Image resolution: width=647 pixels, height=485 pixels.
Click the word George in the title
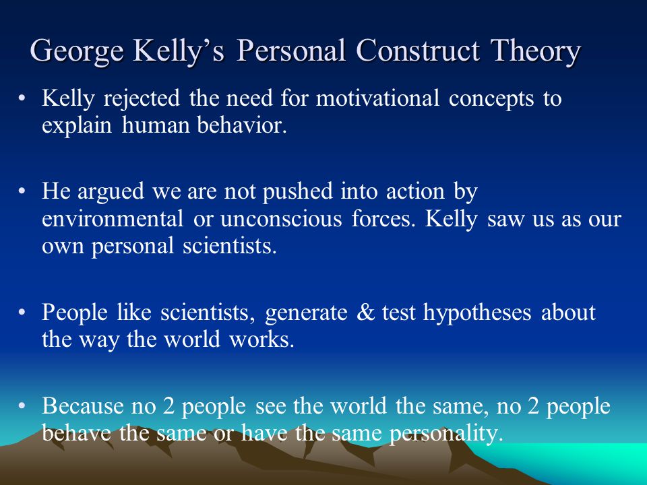(77, 51)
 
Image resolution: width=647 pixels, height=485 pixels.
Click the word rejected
(142, 99)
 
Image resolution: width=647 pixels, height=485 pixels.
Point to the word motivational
(377, 98)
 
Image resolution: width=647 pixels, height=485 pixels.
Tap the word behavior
(241, 125)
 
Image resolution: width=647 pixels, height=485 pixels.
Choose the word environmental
(113, 218)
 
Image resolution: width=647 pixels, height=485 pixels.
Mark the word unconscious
(281, 218)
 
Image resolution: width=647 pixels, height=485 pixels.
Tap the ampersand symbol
(365, 312)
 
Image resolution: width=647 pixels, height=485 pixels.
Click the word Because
(82, 406)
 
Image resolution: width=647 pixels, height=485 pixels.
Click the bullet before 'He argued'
(22, 191)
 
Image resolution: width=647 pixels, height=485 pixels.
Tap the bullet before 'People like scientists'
(22, 312)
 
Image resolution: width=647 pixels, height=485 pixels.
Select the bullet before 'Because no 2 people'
(22, 406)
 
